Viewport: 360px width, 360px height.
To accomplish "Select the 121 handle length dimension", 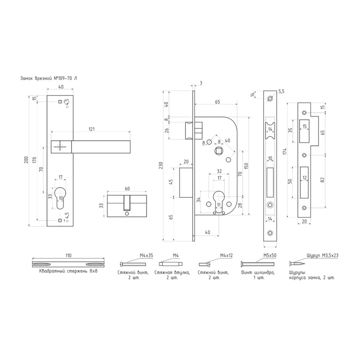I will (x=91, y=129).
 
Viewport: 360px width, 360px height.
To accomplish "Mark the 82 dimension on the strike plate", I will (x=322, y=180).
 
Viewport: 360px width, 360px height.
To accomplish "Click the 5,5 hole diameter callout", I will (x=282, y=91).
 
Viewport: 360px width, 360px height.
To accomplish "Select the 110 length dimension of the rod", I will (x=68, y=256).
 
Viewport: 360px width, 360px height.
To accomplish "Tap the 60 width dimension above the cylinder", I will (x=127, y=189).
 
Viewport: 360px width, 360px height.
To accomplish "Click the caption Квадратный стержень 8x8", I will (x=68, y=272).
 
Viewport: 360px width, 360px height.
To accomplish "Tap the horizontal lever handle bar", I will (x=101, y=146).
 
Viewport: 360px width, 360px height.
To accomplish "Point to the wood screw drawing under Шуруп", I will (x=297, y=263).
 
